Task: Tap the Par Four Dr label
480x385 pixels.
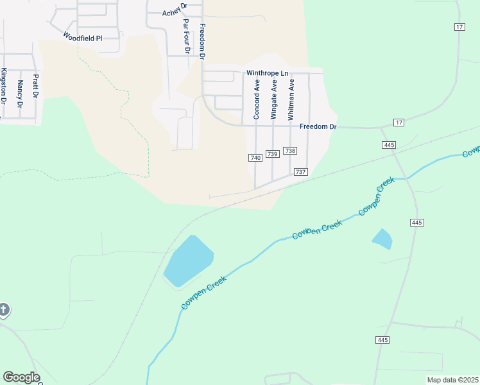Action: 186,36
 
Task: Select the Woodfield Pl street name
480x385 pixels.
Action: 83,38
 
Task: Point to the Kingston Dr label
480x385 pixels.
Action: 4,87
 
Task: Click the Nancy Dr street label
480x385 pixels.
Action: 21,94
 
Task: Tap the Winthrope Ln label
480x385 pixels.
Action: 266,73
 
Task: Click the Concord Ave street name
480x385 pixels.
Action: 257,99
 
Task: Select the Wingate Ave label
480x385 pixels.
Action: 274,99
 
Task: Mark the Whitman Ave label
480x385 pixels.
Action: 291,99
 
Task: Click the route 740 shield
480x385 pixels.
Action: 255,158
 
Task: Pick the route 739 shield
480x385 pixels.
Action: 272,154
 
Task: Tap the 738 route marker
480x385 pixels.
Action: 290,151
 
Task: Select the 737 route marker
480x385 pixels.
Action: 301,172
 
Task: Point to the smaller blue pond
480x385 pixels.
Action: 382,239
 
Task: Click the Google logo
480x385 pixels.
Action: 21,377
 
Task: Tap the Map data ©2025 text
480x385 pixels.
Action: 452,380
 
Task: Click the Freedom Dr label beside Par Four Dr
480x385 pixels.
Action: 202,42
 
